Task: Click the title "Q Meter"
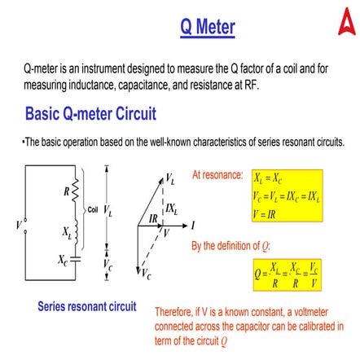208,29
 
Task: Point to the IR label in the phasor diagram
153,218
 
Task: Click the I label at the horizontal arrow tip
193,223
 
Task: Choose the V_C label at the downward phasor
146,275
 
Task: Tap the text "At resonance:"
217,175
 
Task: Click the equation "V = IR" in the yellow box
270,213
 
